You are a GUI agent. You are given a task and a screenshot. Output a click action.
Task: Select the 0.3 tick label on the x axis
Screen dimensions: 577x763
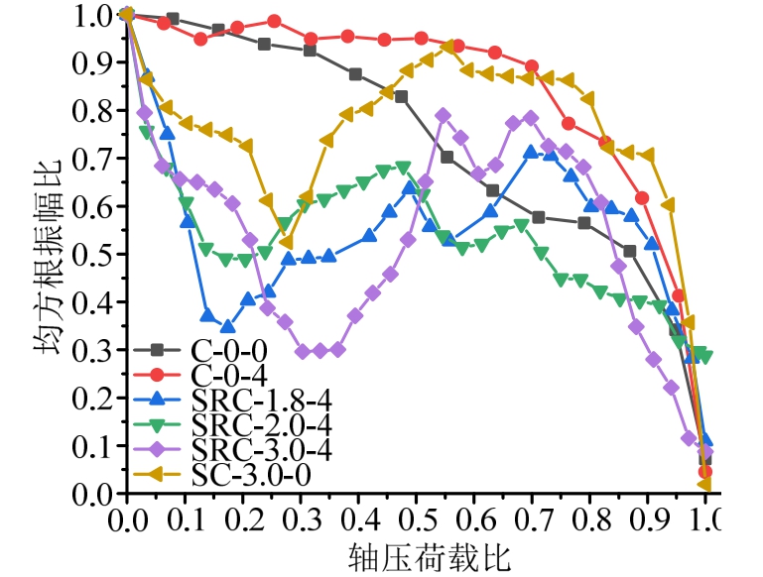pos(300,519)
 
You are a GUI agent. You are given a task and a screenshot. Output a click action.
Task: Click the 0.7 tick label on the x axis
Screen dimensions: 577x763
pos(532,519)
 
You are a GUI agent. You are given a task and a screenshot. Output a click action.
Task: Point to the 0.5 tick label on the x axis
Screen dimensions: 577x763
pos(416,519)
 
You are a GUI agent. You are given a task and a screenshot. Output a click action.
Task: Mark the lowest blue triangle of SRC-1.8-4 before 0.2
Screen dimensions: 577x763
pos(228,326)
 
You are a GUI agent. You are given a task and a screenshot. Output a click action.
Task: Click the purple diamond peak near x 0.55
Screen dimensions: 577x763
pos(444,115)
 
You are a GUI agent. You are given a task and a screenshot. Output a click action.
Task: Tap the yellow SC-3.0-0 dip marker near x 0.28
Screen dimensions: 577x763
pos(287,242)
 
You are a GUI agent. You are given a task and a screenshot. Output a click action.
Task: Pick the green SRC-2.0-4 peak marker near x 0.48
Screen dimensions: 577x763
pos(403,167)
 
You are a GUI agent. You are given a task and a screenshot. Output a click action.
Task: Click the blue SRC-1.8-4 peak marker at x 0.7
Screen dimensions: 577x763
pos(531,152)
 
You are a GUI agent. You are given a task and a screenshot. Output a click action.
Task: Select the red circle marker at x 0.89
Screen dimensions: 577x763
pos(642,197)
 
